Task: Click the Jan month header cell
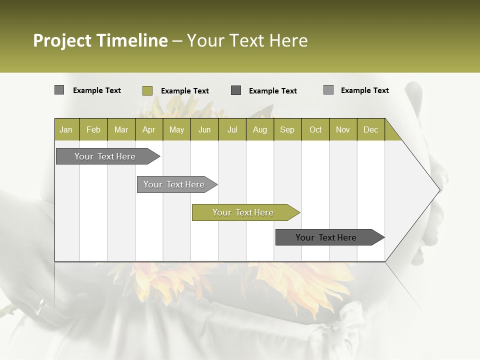click(x=66, y=129)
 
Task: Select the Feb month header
click(x=93, y=129)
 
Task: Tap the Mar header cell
click(x=121, y=129)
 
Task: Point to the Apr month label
click(x=149, y=129)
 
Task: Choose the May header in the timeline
click(x=176, y=129)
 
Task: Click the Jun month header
click(x=204, y=129)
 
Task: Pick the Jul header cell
click(x=232, y=129)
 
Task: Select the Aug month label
click(x=260, y=129)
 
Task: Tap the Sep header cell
click(x=287, y=129)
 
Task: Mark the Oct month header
click(x=315, y=129)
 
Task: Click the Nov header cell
click(x=343, y=129)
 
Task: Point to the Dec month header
click(x=371, y=129)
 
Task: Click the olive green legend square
click(x=147, y=90)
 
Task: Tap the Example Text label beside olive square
click(x=185, y=91)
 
